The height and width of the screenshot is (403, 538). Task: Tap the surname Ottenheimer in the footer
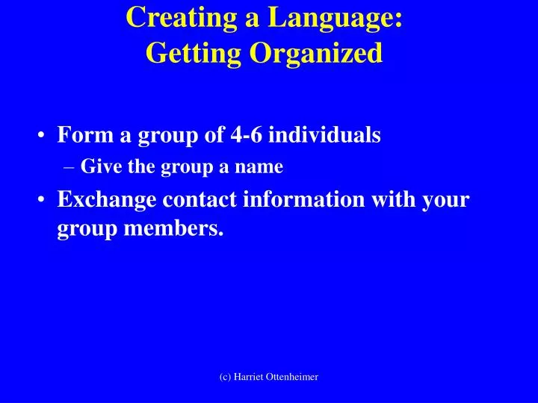pos(291,378)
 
